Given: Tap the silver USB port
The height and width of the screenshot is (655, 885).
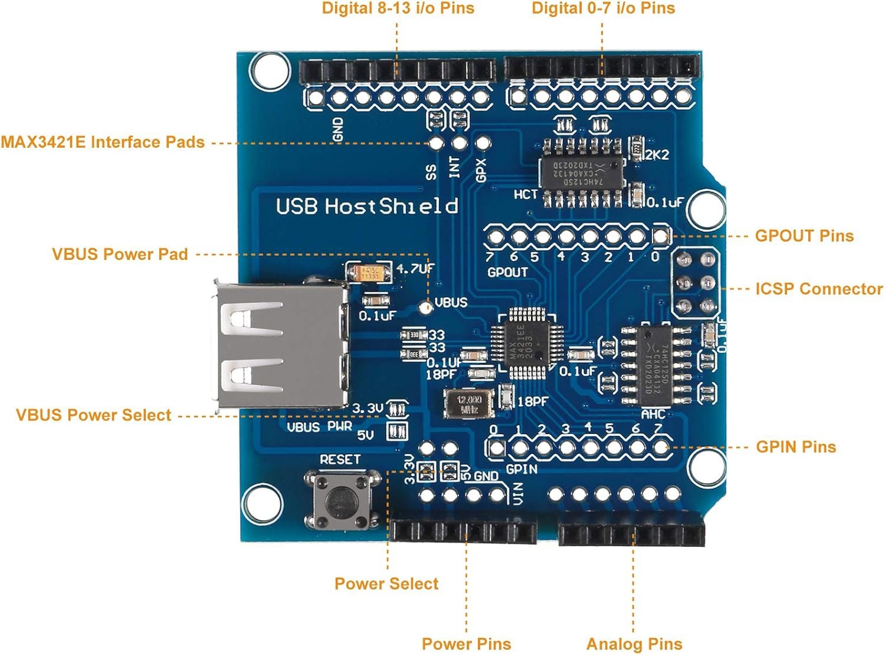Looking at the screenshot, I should [280, 345].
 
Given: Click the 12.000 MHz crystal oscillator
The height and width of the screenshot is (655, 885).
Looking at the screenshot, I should [469, 403].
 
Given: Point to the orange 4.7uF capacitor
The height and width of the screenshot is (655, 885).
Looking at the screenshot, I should [369, 272].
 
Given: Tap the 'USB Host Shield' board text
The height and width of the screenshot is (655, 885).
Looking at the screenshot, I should [367, 206].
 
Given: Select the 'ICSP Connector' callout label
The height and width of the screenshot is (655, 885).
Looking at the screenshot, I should [819, 289].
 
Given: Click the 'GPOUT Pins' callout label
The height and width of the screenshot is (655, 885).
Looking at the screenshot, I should [804, 236].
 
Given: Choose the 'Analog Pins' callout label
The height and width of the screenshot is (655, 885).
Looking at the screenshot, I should [634, 644].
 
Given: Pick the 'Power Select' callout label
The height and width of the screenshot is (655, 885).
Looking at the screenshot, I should [386, 584].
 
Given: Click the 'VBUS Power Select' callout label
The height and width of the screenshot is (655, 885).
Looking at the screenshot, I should [93, 415].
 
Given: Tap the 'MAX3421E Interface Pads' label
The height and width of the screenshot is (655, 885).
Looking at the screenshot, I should [103, 142].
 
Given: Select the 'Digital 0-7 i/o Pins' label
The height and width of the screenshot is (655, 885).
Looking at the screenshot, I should [603, 8].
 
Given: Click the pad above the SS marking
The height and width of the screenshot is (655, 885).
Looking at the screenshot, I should [436, 142].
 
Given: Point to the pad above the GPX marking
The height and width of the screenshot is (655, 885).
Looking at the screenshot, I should [482, 142].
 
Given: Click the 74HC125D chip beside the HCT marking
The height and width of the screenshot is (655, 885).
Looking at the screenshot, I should [582, 172].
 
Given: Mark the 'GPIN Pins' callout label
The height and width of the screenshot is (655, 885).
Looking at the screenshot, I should [796, 447].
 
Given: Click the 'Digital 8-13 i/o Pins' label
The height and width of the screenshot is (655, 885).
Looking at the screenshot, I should [398, 8].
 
